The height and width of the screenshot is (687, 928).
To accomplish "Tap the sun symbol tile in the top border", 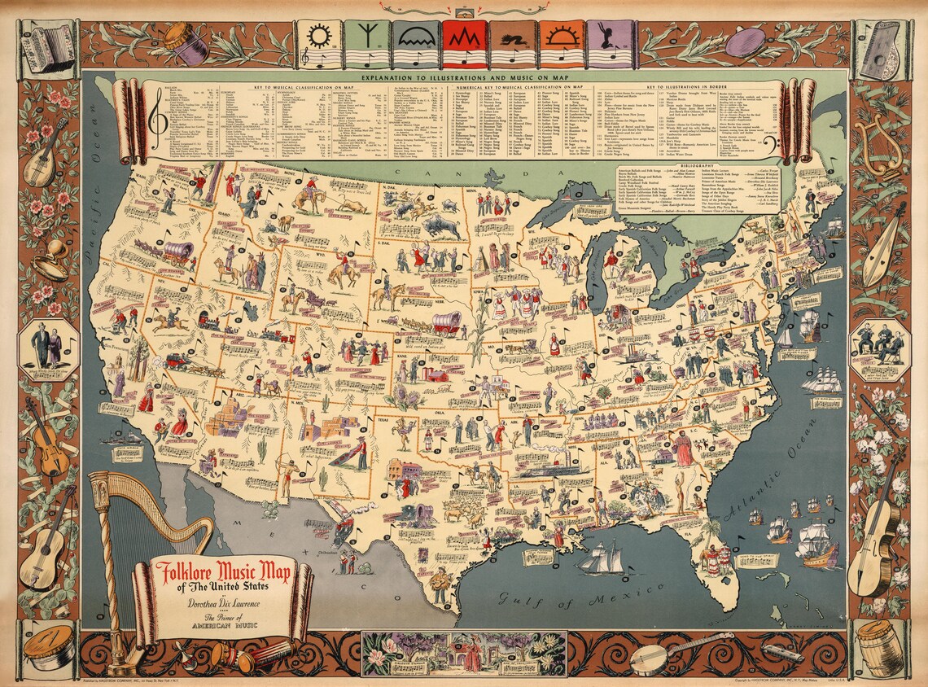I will tap(319, 44).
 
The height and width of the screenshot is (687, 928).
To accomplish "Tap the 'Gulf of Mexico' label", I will tap(560, 600).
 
